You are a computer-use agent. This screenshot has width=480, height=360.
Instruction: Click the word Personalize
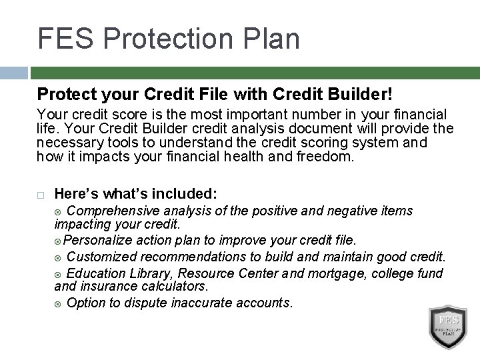tap(99, 239)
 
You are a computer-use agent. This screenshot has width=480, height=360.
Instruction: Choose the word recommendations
tap(186, 256)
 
